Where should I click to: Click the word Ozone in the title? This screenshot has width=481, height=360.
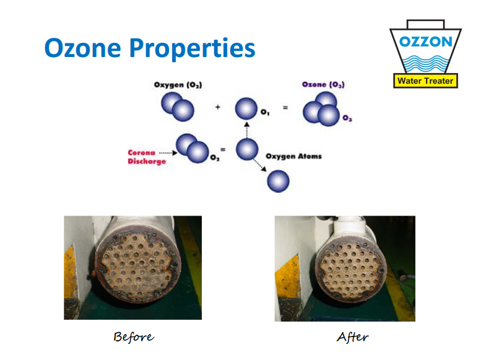(x=83, y=48)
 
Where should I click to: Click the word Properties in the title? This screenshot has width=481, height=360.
(x=193, y=49)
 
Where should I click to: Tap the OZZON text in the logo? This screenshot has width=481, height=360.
(x=426, y=42)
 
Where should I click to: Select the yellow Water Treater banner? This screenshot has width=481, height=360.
(x=425, y=81)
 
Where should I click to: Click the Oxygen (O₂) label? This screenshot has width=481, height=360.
(x=178, y=85)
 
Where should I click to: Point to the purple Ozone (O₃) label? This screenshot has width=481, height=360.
(x=323, y=84)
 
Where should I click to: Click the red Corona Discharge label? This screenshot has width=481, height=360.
(x=147, y=157)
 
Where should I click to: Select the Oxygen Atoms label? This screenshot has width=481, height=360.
(x=293, y=156)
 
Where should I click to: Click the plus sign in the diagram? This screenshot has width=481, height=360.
(x=217, y=107)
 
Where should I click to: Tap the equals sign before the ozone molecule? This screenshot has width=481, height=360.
(x=285, y=108)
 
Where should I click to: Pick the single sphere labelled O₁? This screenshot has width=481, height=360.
(x=246, y=108)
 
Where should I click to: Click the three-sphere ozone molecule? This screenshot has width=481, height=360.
(x=321, y=109)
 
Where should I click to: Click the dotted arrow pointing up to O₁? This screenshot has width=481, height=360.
(x=246, y=130)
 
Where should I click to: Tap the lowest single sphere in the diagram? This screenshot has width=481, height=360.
(x=278, y=181)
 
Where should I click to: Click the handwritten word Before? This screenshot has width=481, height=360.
(x=134, y=337)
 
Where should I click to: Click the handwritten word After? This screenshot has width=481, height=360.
(x=353, y=337)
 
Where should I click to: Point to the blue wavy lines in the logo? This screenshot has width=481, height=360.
(x=425, y=64)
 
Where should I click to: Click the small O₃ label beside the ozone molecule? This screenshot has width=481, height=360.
(x=347, y=118)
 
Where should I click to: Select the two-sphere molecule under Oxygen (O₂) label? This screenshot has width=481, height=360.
(x=178, y=107)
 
